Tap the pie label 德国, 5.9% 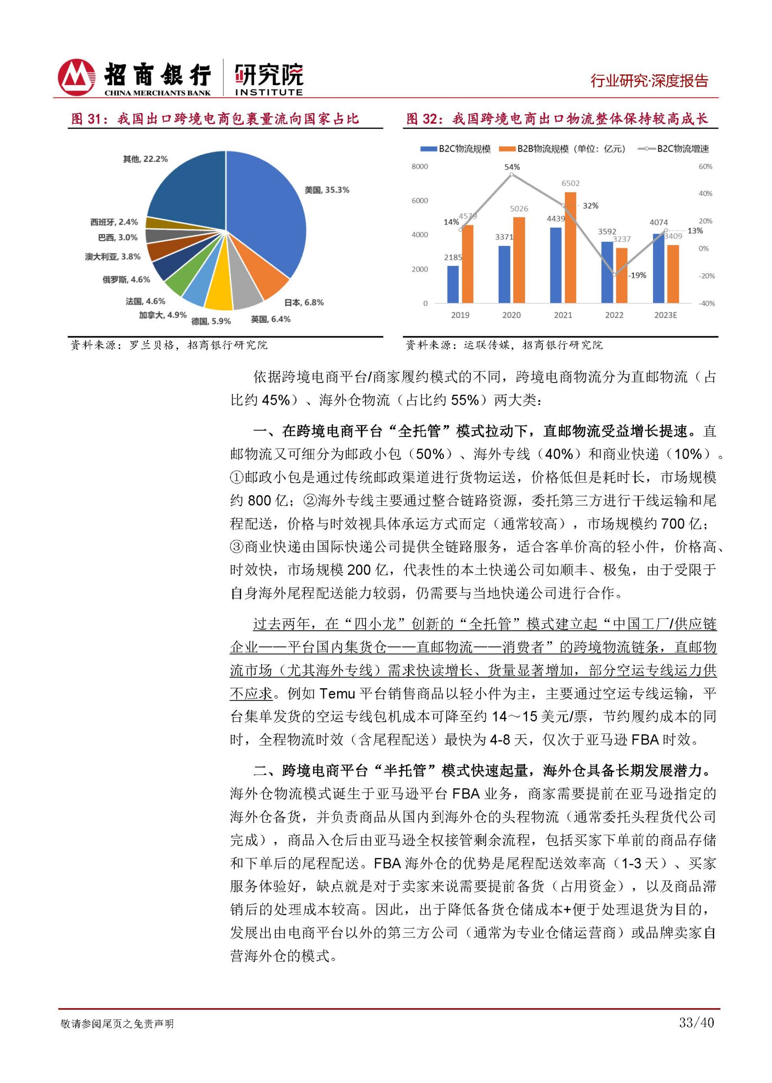tap(211, 322)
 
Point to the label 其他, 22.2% tap(146, 159)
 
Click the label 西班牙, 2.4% tap(114, 222)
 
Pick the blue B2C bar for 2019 tap(453, 284)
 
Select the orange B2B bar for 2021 tap(570, 247)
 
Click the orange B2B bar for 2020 tap(519, 260)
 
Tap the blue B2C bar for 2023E tap(658, 268)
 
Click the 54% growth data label tap(512, 167)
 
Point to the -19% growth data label tap(637, 275)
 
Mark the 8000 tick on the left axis tap(420, 166)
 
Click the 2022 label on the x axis tap(614, 315)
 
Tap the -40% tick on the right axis tap(706, 303)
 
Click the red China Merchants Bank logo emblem tap(76, 77)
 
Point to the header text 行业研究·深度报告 tap(649, 81)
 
